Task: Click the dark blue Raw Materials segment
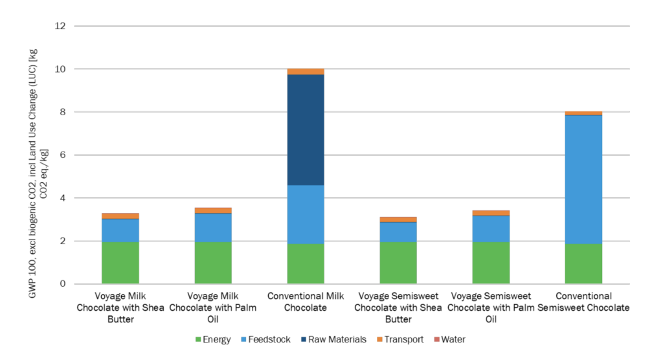pos(306,129)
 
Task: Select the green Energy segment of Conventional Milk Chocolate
pos(306,264)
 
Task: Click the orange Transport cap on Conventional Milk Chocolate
pos(306,71)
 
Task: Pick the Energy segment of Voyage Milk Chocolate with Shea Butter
pos(120,263)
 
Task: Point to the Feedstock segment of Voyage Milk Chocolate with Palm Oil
pos(213,227)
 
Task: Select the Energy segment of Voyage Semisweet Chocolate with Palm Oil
pos(491,263)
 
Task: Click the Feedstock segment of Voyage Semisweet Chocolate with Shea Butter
pos(398,232)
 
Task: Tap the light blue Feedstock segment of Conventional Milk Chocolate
pos(306,214)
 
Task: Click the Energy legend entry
pos(213,339)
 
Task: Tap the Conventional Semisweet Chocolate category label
pos(583,302)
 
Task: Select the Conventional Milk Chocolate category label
pos(306,302)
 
